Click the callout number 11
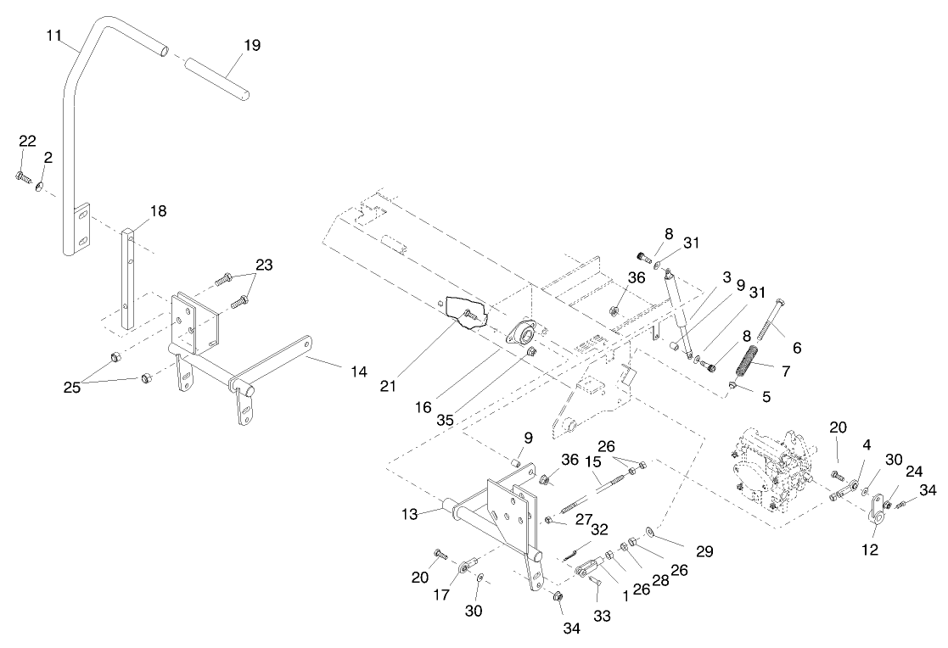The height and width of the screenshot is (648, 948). coord(54,36)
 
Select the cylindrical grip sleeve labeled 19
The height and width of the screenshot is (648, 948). coord(216,77)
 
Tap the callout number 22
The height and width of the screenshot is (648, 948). coord(27,141)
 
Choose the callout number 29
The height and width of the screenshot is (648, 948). coord(704,551)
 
